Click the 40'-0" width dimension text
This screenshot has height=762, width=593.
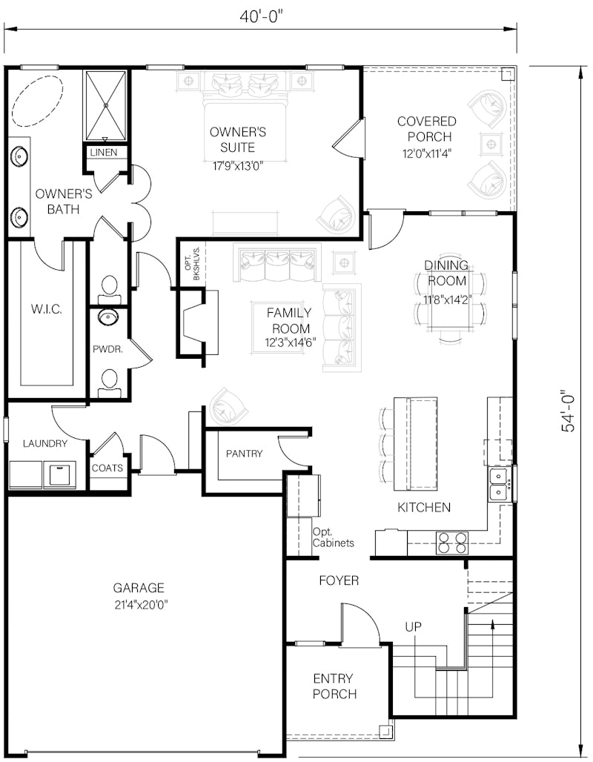(261, 16)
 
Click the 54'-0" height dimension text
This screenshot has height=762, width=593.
(568, 411)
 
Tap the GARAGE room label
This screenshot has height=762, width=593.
(139, 588)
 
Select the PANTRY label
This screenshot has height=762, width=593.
(244, 454)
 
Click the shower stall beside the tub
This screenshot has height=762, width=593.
(106, 105)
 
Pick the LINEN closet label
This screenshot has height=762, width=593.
(104, 152)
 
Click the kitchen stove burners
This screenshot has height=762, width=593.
(452, 543)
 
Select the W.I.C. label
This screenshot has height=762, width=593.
(46, 309)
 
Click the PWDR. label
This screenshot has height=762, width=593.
(108, 349)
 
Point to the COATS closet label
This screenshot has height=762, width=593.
(107, 468)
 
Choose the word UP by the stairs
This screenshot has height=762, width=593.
(413, 627)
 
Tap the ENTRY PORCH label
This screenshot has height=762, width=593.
(334, 686)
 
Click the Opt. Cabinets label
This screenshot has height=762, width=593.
(334, 537)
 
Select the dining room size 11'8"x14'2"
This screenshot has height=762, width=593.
(445, 299)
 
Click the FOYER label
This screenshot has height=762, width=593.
(339, 580)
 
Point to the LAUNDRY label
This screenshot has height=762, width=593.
(45, 444)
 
